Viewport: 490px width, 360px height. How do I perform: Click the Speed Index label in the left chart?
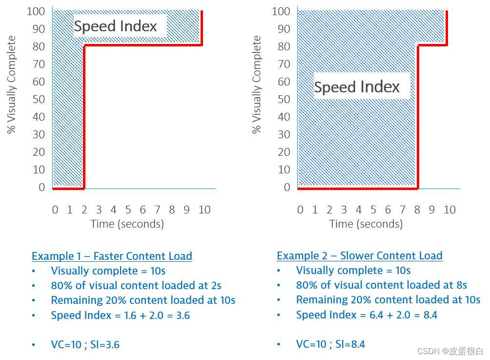(116, 26)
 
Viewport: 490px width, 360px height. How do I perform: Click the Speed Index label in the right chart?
(357, 87)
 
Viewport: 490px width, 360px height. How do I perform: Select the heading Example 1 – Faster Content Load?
(112, 256)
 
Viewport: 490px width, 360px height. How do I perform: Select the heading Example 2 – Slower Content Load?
(359, 255)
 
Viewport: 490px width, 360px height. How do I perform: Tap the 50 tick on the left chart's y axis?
(39, 99)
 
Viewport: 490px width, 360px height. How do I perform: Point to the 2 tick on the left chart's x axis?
(84, 210)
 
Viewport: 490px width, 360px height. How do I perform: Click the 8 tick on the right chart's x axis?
(417, 210)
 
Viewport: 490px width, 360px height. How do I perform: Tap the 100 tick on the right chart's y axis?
(281, 11)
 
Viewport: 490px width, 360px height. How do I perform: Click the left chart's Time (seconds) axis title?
(127, 224)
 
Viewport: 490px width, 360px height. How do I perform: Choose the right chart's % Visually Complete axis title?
(257, 85)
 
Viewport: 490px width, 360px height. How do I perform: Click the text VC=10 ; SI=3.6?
(85, 345)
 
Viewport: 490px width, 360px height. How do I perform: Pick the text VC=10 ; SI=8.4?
(330, 344)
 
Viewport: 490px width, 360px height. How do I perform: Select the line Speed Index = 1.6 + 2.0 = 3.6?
(120, 315)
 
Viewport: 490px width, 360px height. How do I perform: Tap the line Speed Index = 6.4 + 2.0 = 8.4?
(367, 315)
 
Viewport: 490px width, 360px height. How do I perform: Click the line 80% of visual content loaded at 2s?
(137, 285)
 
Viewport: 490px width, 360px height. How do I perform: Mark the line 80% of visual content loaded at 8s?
(381, 285)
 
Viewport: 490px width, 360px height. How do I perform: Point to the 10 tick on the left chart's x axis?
(204, 210)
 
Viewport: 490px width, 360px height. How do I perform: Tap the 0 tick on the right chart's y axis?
(287, 187)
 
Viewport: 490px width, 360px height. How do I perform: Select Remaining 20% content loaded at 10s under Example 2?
(388, 299)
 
